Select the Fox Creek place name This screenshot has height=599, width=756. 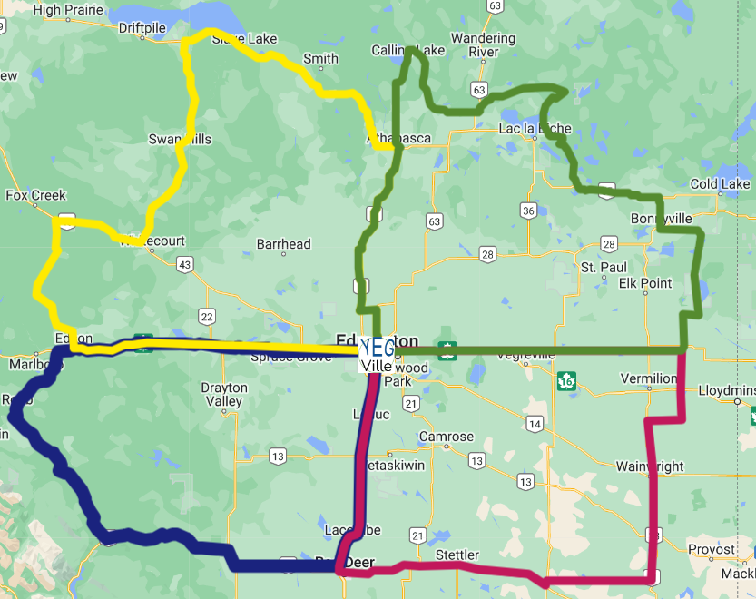(36, 195)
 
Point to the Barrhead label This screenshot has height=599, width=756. (283, 244)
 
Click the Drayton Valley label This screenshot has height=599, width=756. (223, 394)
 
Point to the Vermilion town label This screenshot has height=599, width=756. (649, 378)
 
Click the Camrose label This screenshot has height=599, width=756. (446, 437)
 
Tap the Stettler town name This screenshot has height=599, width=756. (457, 554)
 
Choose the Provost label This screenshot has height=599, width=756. (711, 549)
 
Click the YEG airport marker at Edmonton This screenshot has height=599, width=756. (377, 348)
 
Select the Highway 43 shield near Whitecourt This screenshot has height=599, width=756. (185, 264)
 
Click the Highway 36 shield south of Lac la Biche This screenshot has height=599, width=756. (527, 211)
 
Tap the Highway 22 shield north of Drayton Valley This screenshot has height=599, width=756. (207, 316)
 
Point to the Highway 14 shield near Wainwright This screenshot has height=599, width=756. (535, 425)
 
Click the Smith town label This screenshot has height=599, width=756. (320, 59)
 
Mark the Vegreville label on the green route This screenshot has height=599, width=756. (525, 356)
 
